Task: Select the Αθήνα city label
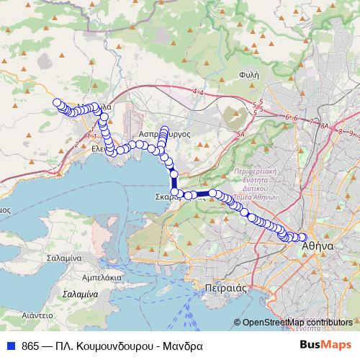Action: click(x=317, y=246)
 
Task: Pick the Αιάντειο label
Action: click(x=37, y=315)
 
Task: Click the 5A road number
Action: click(x=240, y=134)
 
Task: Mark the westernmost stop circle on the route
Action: click(x=57, y=102)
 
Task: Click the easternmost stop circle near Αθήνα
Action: click(x=303, y=238)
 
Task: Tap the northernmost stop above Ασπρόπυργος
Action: click(x=166, y=130)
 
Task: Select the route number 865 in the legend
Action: click(x=31, y=344)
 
